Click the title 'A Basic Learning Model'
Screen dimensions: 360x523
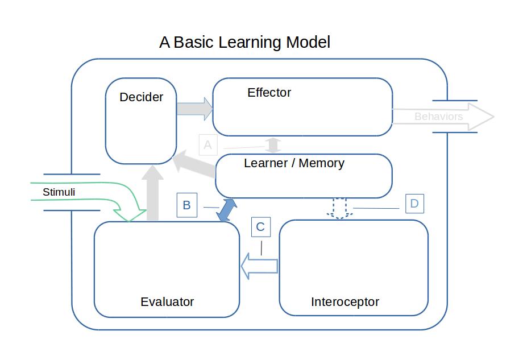tap(244, 42)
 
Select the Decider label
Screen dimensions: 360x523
tap(141, 97)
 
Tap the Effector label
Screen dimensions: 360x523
tap(269, 92)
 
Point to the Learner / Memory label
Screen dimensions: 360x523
tap(294, 163)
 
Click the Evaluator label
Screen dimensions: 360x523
tap(167, 302)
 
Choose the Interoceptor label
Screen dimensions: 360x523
tap(344, 302)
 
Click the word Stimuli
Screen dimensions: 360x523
tap(59, 192)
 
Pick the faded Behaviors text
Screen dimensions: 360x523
tap(438, 117)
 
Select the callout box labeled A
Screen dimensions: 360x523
tap(207, 145)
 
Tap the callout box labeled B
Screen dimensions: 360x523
tap(186, 205)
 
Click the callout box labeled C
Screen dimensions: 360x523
tap(260, 227)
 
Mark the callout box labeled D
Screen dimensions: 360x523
tap(414, 204)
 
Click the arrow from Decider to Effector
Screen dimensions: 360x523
tap(194, 108)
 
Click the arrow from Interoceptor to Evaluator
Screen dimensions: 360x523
tap(259, 266)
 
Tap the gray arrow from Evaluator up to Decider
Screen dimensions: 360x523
tap(152, 193)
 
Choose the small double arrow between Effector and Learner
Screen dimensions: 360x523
tap(274, 144)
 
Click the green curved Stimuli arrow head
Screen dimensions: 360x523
tap(131, 214)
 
